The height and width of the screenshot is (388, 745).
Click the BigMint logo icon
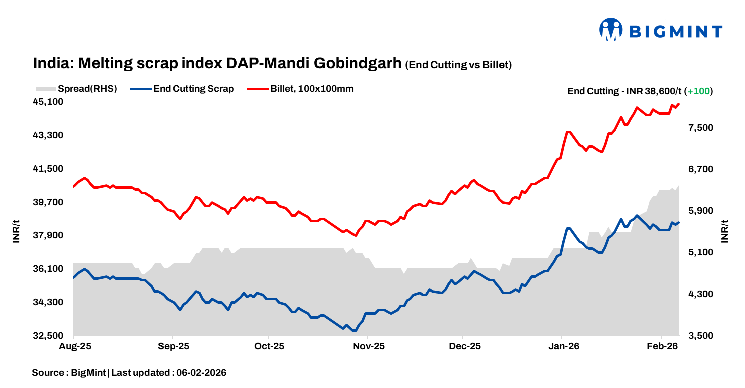coord(611,30)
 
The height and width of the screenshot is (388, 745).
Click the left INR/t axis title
coord(16,232)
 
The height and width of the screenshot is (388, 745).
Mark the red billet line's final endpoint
coord(678,104)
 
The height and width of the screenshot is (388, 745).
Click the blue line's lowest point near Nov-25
coord(354,330)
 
